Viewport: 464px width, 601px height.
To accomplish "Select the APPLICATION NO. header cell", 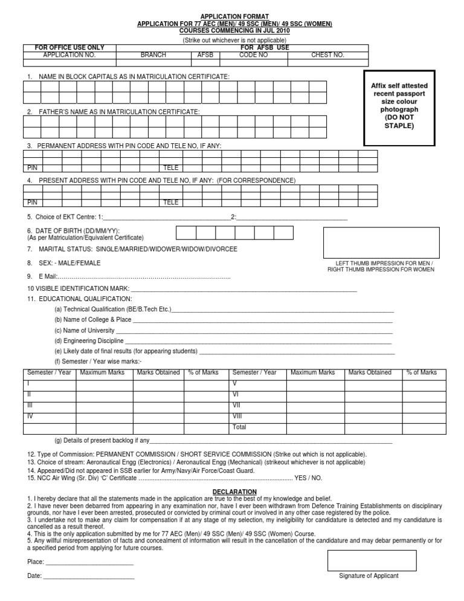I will point(69,54).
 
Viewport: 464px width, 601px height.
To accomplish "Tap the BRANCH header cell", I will point(153,54).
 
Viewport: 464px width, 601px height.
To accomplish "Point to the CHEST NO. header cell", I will point(327,54).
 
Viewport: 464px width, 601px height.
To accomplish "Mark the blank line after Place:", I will point(89,562).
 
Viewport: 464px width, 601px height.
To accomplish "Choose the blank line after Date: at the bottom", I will point(88,576).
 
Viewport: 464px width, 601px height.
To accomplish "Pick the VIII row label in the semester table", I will point(237,417).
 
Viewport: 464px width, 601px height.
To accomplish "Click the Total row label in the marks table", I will point(239,427).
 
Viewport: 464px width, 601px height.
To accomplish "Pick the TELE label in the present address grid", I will point(171,202).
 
